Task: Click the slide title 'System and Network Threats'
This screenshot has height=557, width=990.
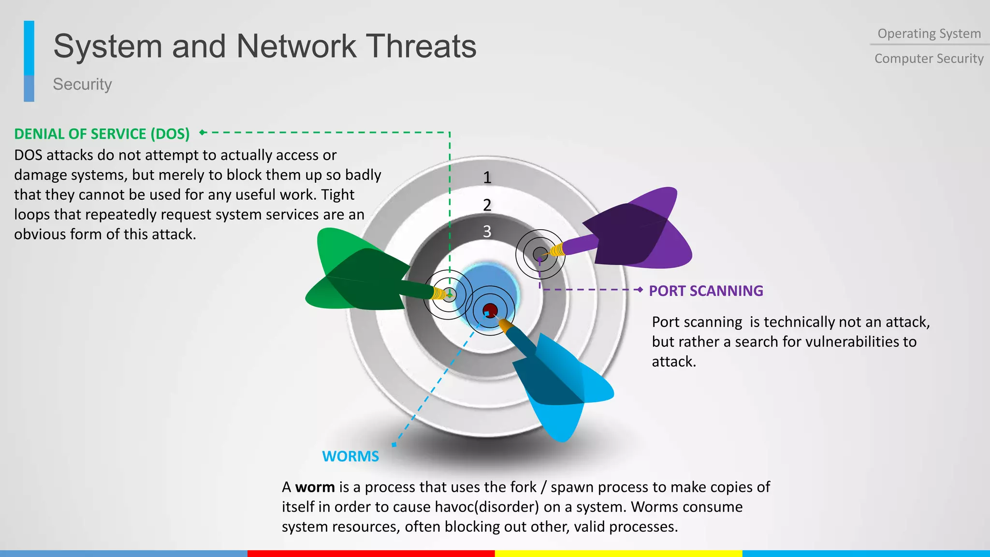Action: tap(264, 46)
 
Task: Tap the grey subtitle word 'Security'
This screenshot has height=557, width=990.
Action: tap(82, 84)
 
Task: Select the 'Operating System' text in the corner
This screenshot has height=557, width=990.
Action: tap(929, 34)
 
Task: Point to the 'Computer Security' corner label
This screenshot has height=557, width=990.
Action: tap(929, 59)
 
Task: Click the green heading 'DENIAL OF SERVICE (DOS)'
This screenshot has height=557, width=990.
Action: tap(102, 134)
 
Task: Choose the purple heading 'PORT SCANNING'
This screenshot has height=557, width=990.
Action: tap(706, 291)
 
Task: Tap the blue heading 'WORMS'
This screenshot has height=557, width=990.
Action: tap(350, 456)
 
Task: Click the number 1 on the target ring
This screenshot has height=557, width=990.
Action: tap(487, 178)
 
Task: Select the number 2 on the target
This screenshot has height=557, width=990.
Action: tap(487, 205)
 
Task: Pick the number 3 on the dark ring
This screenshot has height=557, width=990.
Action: tap(487, 232)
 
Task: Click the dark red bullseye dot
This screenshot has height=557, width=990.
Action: tap(490, 310)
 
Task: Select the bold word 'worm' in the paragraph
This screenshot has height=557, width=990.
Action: tap(315, 487)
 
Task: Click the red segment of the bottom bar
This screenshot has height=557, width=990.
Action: tap(371, 553)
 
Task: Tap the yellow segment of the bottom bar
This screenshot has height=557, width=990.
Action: tap(619, 553)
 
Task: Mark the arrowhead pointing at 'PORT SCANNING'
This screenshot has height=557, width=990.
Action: tap(640, 290)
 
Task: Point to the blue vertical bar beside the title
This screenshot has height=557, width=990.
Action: tap(29, 60)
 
